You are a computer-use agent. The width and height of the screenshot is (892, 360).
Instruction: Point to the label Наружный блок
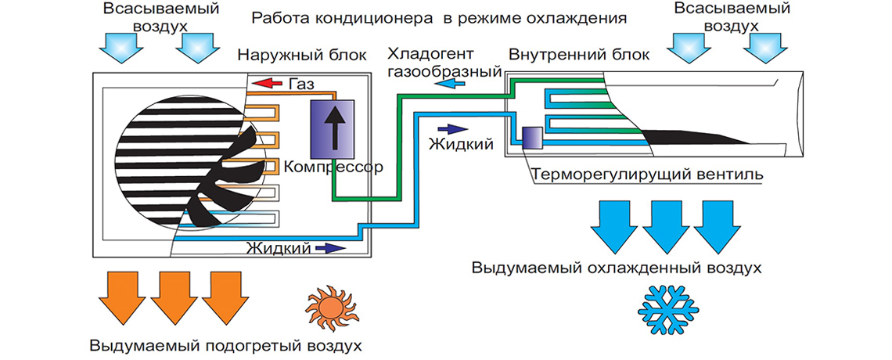(284, 56)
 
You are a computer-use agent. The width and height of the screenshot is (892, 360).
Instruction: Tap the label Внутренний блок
(561, 56)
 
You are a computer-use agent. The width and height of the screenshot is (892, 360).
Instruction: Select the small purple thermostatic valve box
(531, 137)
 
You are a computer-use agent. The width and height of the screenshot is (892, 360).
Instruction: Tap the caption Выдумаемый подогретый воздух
(225, 345)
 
